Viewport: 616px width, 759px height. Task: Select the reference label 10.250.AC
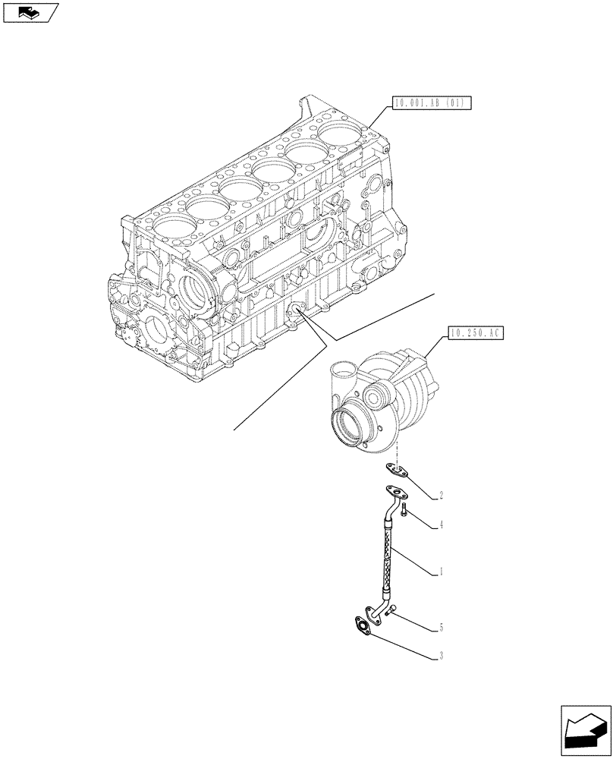point(476,332)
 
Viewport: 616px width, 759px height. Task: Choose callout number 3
point(441,657)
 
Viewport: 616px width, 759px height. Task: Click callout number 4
point(441,525)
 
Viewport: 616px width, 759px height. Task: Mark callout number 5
point(441,628)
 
